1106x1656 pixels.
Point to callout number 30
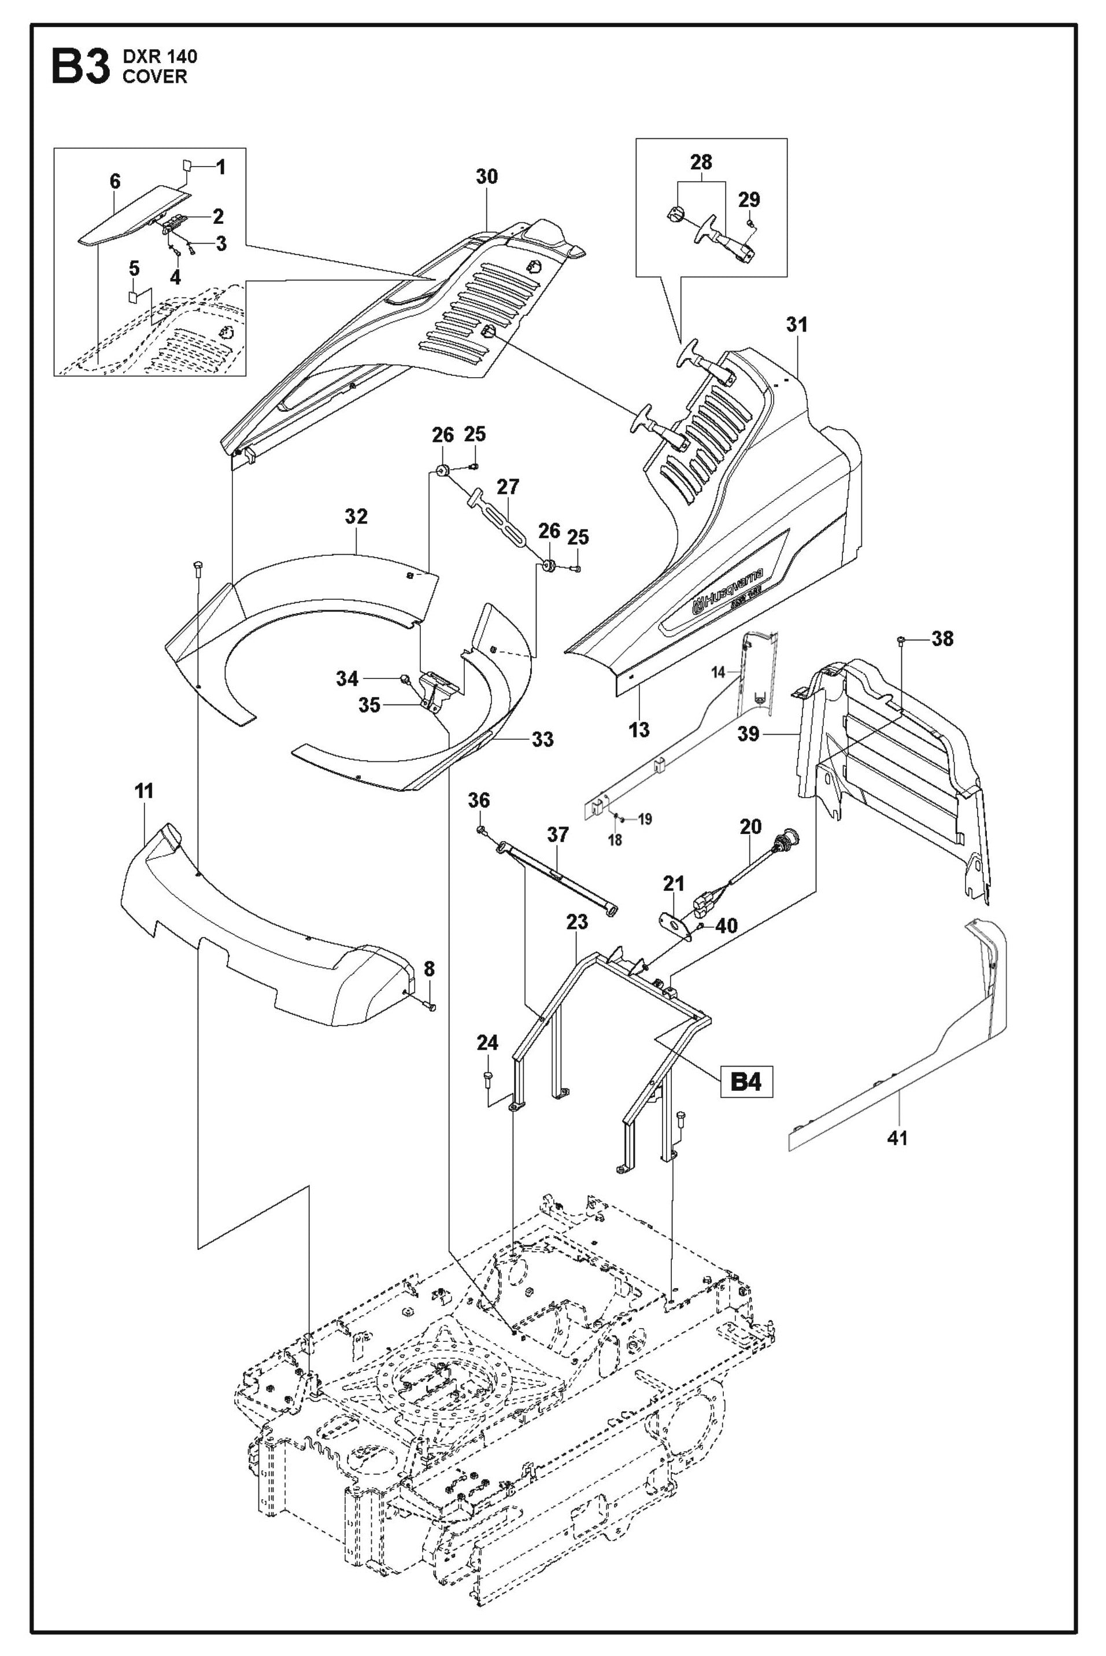[487, 176]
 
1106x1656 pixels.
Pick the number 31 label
[797, 324]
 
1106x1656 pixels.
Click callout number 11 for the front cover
[144, 791]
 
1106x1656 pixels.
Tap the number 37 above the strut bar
[558, 835]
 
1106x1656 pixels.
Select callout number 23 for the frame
[577, 921]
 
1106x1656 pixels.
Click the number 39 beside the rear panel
[748, 734]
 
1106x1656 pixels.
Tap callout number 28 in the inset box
[701, 163]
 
